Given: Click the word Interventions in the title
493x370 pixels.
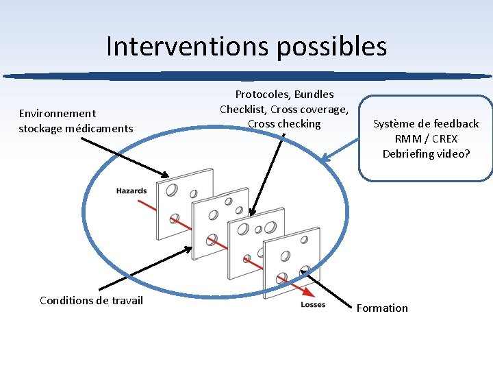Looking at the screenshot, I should tap(176, 47).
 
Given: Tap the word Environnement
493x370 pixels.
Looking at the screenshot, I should tap(58, 113).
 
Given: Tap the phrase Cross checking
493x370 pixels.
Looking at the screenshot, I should tap(284, 124).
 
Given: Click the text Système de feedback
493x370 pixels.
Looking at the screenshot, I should tap(425, 124).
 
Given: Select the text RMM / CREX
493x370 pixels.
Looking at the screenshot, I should tap(425, 139).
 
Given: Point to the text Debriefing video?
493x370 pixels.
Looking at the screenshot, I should tap(425, 153).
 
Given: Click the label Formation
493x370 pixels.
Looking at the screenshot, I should tap(381, 308).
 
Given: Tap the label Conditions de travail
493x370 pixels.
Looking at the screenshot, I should tap(91, 301).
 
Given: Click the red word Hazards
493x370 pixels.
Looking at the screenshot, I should tap(131, 190).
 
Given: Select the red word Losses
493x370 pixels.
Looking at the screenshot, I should tap(313, 304).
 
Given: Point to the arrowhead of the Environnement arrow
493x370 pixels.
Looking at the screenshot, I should tap(164, 175).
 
